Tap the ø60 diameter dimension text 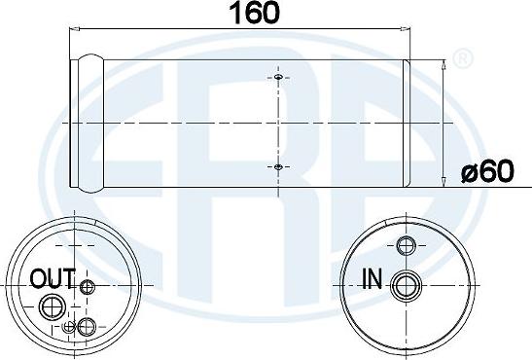point(490,173)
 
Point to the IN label point(372,281)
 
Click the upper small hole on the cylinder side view point(278,78)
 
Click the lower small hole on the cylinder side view point(278,167)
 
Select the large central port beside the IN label point(404,284)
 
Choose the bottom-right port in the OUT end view point(88,326)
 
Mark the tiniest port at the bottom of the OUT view point(67,328)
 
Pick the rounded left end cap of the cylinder point(89,123)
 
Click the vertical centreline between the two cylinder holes point(278,123)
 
